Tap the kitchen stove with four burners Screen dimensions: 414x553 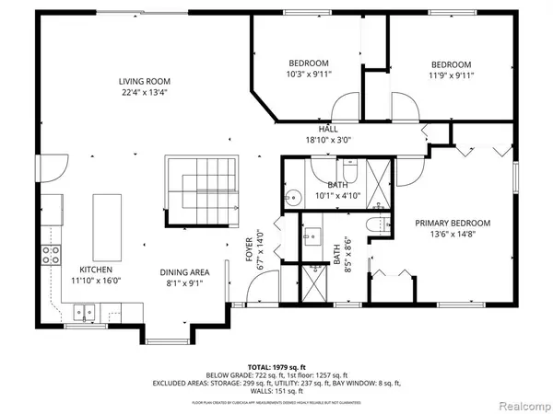coord(47,255)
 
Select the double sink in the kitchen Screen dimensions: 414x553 coord(86,316)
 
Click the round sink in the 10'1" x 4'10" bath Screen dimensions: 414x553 coord(293,196)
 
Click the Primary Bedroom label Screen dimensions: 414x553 coord(452,223)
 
